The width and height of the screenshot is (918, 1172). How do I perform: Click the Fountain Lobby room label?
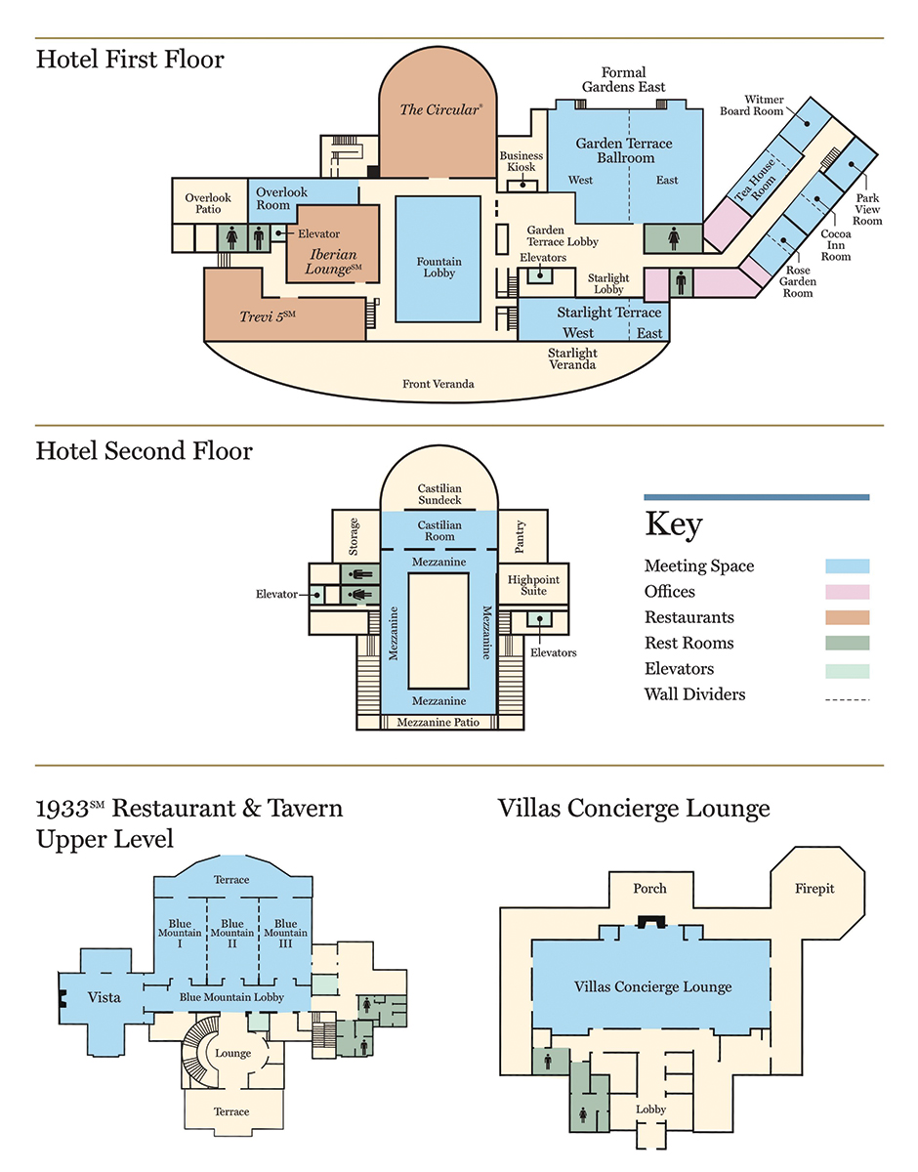click(438, 268)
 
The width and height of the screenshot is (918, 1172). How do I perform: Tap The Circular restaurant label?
click(440, 109)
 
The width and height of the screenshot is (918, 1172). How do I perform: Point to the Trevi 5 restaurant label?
click(267, 316)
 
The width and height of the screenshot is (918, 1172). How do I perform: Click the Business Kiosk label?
click(522, 162)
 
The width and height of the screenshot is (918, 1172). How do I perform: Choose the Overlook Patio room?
click(209, 203)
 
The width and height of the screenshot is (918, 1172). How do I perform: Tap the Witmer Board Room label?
click(764, 105)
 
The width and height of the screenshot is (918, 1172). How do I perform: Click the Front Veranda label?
click(438, 384)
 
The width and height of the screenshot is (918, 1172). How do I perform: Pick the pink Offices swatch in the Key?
click(847, 592)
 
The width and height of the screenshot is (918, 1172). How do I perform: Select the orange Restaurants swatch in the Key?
click(847, 617)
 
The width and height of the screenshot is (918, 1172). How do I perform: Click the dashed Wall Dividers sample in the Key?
click(847, 698)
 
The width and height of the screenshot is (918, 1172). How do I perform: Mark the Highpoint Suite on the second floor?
click(533, 585)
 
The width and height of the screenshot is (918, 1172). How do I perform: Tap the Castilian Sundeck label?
click(439, 494)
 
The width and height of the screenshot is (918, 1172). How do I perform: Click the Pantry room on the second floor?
click(521, 534)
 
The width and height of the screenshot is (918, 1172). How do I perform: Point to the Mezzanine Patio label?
click(438, 723)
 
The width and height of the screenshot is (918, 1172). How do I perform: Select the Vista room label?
click(104, 997)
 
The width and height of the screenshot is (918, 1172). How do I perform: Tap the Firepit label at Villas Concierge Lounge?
click(814, 890)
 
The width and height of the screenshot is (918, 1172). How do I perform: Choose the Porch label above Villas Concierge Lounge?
click(649, 889)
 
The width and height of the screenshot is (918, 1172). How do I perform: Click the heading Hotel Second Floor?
click(145, 451)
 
